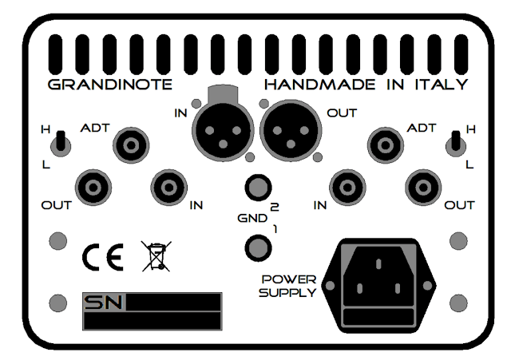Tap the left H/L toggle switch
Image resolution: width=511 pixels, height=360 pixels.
point(59,144)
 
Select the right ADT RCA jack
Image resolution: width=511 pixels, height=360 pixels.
point(384,146)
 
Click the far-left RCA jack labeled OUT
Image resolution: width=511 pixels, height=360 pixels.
point(93,189)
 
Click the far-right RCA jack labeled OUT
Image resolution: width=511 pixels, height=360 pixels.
point(423,189)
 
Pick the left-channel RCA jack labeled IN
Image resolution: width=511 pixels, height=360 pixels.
point(169,189)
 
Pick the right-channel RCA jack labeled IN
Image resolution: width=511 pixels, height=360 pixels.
point(347,189)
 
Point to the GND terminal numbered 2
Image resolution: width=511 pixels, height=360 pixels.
point(255,188)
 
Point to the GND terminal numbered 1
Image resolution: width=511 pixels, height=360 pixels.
point(255,247)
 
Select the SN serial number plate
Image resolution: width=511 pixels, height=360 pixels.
point(150,311)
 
